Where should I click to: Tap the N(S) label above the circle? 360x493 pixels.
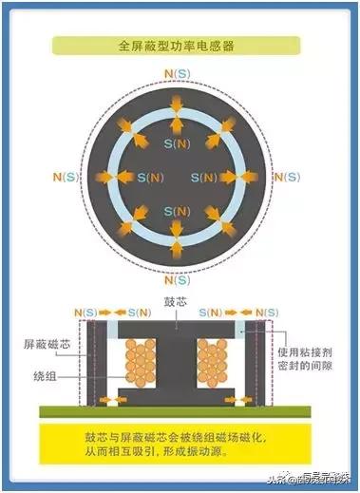tap(176, 72)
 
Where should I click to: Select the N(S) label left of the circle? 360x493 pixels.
tap(64, 177)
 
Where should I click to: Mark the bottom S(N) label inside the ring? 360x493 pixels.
tap(176, 211)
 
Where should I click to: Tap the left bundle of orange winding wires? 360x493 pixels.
tap(142, 363)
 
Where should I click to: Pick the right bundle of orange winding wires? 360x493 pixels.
tap(215, 363)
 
